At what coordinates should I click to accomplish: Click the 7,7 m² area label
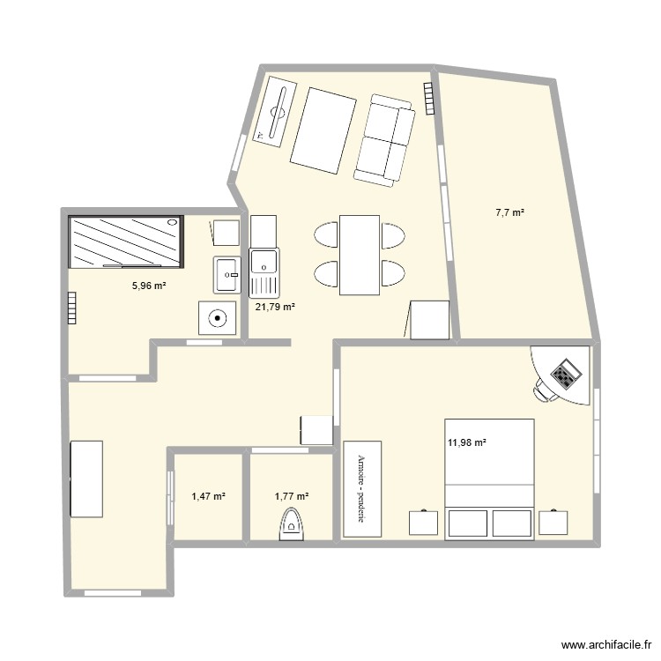[510, 212]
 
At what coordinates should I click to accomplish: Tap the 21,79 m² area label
[274, 307]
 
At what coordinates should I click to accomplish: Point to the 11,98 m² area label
[467, 442]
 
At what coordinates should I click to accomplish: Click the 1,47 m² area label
[208, 497]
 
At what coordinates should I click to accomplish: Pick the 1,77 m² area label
[292, 497]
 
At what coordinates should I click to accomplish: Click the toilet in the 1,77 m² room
[291, 524]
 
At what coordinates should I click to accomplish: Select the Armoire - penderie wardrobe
[360, 487]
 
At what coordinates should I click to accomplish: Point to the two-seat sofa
[385, 139]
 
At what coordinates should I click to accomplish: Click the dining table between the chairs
[360, 255]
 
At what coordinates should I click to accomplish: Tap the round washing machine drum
[217, 318]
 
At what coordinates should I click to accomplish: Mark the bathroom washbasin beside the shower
[227, 274]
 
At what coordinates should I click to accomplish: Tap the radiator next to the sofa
[428, 98]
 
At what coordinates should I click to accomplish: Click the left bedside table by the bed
[424, 522]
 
